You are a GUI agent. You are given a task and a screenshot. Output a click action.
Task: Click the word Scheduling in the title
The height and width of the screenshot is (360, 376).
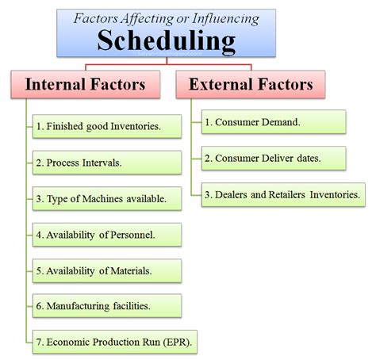pyautogui.click(x=167, y=41)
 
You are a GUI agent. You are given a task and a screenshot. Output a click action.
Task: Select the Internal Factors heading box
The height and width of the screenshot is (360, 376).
pyautogui.click(x=86, y=84)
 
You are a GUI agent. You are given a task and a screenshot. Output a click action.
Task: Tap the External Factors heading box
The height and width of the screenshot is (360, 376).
pyautogui.click(x=251, y=84)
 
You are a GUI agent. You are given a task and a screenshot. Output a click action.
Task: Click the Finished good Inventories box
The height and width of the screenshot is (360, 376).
pyautogui.click(x=107, y=126)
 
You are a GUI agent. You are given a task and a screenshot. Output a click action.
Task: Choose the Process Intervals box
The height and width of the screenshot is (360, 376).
pyautogui.click(x=107, y=163)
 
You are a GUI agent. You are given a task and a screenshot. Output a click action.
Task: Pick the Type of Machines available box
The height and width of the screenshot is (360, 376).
pyautogui.click(x=107, y=199)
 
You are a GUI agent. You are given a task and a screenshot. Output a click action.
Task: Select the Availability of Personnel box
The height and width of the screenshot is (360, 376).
pyautogui.click(x=107, y=235)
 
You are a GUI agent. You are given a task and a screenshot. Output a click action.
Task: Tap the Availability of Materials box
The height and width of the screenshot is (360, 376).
pyautogui.click(x=107, y=271)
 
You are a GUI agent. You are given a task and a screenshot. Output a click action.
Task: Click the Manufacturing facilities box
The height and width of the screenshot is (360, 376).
pyautogui.click(x=107, y=306)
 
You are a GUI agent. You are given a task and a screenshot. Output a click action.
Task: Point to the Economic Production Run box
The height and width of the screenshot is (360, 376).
pyautogui.click(x=115, y=342)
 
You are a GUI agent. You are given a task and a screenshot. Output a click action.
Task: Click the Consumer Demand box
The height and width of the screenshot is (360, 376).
pyautogui.click(x=274, y=122)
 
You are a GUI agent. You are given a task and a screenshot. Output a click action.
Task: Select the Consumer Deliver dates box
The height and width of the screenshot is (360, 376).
pyautogui.click(x=274, y=159)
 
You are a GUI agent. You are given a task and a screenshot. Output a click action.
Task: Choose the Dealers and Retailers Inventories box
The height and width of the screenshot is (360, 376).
pyautogui.click(x=283, y=194)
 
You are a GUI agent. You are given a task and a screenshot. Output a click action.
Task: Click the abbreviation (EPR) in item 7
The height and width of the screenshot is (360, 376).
pyautogui.click(x=177, y=342)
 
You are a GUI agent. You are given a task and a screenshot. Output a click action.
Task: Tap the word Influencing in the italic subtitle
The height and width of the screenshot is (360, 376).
pyautogui.click(x=225, y=19)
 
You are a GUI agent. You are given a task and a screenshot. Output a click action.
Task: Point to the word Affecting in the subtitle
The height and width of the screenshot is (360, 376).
pyautogui.click(x=148, y=19)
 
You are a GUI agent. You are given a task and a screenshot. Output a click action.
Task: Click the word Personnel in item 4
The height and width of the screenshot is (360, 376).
pyautogui.click(x=132, y=235)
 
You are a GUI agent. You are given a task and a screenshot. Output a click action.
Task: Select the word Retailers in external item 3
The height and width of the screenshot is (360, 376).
pyautogui.click(x=287, y=194)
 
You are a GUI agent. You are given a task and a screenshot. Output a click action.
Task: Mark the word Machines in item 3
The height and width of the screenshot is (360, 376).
pyautogui.click(x=102, y=199)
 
